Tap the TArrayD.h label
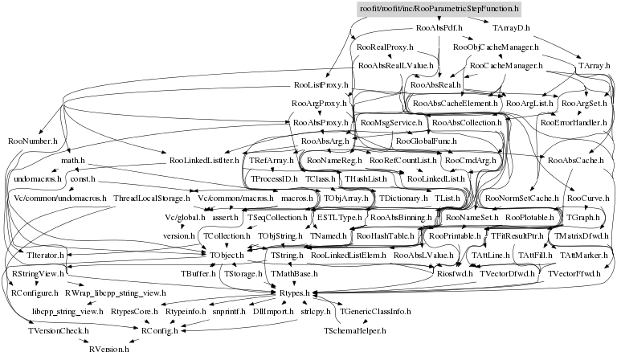pos(512,28)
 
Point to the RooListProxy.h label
pos(321,84)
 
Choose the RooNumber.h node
pos(31,141)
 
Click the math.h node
pos(73,161)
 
